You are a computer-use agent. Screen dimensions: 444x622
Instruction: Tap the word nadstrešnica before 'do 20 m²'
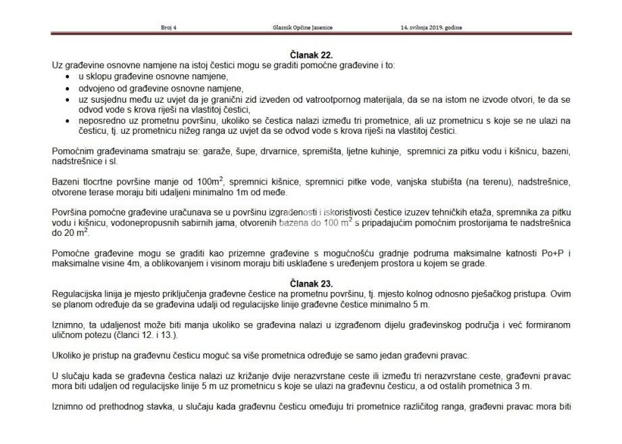coord(545,223)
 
